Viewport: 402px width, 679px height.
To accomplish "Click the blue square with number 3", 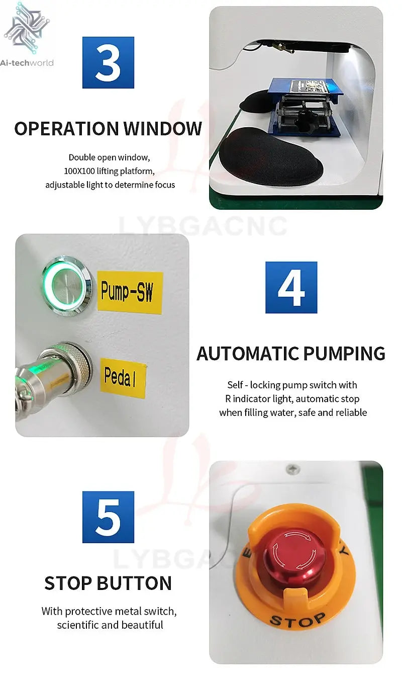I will coord(108,62).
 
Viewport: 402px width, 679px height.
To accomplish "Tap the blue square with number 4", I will coord(291,287).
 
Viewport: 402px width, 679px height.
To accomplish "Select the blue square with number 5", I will coord(108,517).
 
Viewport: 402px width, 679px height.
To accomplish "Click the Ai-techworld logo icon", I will coord(27,28).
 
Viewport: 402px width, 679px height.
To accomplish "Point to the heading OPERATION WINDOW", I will coord(108,128).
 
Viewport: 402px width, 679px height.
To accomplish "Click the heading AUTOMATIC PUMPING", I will coord(291,354).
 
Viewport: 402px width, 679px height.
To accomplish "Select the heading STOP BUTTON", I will coord(108,583).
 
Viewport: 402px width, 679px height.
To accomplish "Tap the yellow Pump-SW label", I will coord(130,292).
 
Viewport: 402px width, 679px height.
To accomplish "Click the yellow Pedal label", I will coord(123,377).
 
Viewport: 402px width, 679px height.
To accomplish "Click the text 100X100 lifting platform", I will coord(109,171).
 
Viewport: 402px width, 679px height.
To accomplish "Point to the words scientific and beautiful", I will coord(110,625).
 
